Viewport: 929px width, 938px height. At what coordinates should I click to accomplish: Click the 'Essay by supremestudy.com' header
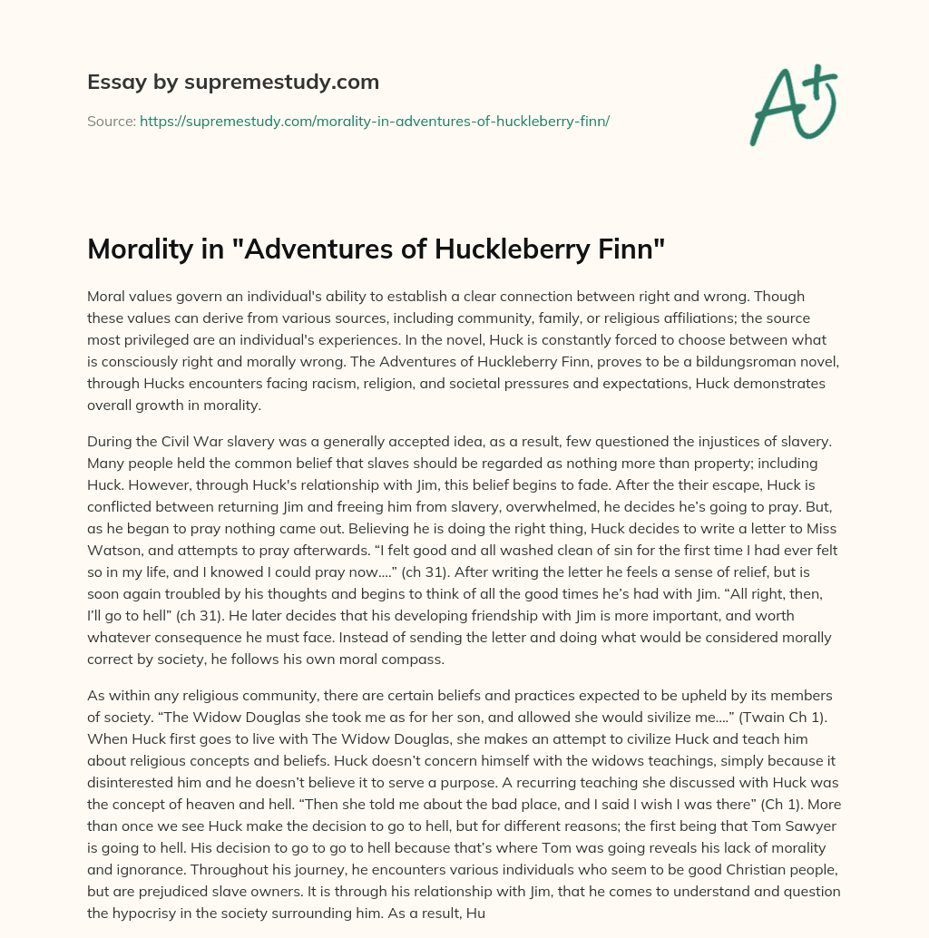tap(232, 83)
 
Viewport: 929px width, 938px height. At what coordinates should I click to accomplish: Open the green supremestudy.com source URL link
tap(374, 121)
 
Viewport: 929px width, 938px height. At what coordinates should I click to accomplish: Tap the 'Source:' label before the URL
tap(111, 121)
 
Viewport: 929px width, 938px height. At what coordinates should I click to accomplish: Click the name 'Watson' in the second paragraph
tap(116, 551)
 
